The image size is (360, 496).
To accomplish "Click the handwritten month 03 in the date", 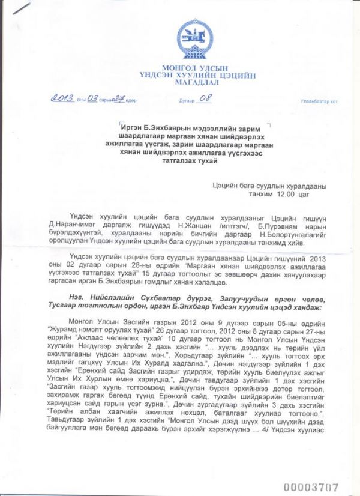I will [x=92, y=99].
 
